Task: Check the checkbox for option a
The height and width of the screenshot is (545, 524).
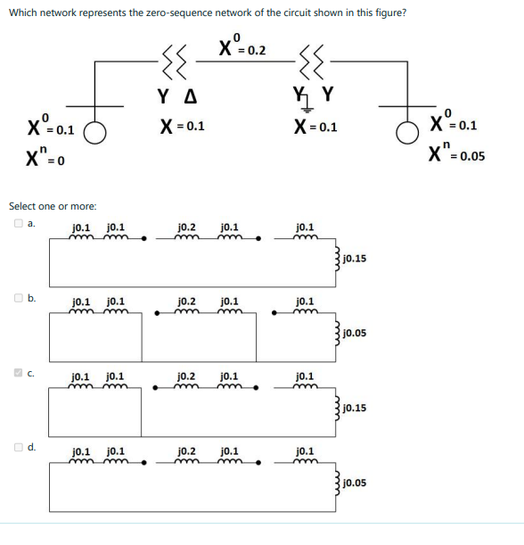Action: coord(18,223)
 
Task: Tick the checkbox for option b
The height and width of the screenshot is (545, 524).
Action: coord(18,298)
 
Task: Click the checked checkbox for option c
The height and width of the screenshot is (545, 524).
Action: coord(18,373)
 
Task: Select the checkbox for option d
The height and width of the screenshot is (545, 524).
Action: coord(18,447)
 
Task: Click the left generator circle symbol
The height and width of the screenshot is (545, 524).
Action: coord(94,132)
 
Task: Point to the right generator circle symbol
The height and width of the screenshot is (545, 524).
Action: coord(407,132)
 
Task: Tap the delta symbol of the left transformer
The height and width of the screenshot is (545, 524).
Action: coord(191,96)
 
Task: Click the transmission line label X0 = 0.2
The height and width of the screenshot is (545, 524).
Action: coord(242,45)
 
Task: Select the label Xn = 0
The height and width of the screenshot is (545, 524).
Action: coord(45,156)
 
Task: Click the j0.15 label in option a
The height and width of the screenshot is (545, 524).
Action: coord(355,259)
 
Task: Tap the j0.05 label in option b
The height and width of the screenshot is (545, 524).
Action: coord(355,333)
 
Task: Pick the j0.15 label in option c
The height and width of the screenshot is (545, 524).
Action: coord(355,408)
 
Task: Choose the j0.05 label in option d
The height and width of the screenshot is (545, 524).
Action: coord(355,483)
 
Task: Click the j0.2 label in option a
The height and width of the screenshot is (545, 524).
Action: coord(187,227)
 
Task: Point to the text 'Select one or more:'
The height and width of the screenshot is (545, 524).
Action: coord(53,206)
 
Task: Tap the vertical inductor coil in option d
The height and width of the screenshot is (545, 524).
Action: coord(337,482)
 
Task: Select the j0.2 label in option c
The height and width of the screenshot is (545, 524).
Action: coord(186,376)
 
